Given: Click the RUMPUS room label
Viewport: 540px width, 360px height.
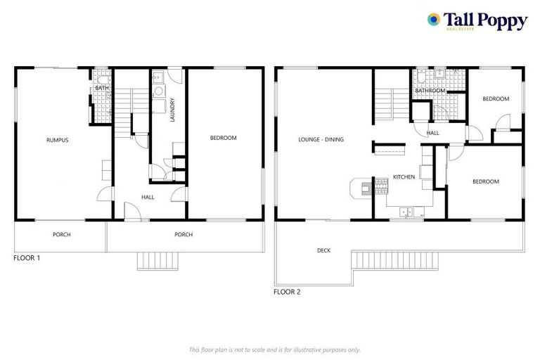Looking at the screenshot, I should tap(57, 140).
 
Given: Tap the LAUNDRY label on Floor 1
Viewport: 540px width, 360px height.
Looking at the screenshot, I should tap(172, 110).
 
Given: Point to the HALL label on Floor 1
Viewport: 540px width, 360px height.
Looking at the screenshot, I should tap(148, 197).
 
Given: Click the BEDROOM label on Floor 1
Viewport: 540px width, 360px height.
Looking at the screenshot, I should tap(224, 138).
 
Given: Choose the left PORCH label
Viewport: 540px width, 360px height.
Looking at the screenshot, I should tap(62, 234).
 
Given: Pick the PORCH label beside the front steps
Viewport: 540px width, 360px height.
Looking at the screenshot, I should tap(184, 234).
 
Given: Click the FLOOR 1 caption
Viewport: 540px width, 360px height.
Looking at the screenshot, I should tap(27, 258).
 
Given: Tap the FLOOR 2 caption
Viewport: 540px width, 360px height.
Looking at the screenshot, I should tap(287, 291).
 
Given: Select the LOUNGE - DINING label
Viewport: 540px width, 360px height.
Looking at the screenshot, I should tap(321, 139).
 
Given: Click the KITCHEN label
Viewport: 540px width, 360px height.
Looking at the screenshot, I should tap(404, 176).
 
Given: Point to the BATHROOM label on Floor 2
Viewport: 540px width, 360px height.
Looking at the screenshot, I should tap(430, 91).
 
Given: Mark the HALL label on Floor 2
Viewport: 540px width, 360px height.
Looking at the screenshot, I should tap(433, 132).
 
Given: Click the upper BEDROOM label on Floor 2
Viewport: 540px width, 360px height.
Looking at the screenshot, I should tap(496, 99).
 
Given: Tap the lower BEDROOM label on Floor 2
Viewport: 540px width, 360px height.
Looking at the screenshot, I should tap(485, 181).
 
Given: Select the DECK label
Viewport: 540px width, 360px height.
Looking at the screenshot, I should tap(323, 250).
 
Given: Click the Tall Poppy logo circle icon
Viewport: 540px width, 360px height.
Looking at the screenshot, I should tap(434, 20).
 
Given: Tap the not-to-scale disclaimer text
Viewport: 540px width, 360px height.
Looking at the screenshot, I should tap(275, 349).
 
